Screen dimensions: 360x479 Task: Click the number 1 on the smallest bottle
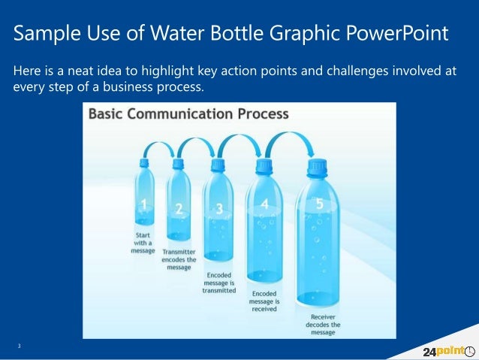[x=143, y=204]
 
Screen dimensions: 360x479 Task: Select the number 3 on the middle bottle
[x=218, y=208]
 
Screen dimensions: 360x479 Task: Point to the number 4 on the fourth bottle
[x=264, y=204]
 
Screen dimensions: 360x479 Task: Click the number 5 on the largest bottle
[x=320, y=203]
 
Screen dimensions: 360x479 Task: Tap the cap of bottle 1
[x=144, y=162]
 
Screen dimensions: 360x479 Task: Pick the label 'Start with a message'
[x=143, y=242]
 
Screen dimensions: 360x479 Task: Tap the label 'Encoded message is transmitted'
[x=219, y=282]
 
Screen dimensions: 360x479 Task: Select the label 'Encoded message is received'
[x=264, y=300]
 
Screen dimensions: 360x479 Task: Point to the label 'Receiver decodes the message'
[x=324, y=325]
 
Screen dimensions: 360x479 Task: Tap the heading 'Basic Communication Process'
[x=188, y=114]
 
